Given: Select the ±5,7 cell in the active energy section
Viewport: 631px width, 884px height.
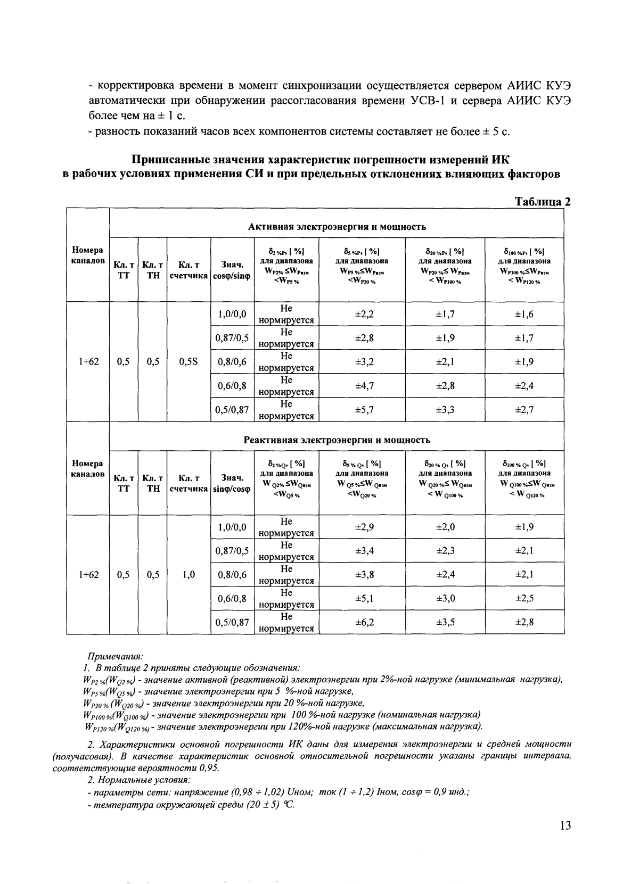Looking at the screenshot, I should pos(365,410).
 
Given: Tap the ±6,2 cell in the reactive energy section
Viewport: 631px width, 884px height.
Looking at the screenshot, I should pos(365,622).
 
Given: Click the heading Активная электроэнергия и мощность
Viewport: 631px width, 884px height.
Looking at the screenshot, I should pos(337,227).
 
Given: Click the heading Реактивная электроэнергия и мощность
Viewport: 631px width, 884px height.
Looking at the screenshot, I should pos(337,440).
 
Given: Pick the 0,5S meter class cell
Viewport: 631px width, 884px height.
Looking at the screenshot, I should pos(189,362).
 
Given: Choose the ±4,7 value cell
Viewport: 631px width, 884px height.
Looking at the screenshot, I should pos(365,386).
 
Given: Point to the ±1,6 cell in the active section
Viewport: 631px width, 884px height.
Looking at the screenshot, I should pos(524,314).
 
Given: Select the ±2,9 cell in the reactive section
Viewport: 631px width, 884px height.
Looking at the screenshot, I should pos(365,527).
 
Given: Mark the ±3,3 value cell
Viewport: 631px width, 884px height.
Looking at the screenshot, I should pos(445,410).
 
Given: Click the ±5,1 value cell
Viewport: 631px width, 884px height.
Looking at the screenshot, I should pos(365,598).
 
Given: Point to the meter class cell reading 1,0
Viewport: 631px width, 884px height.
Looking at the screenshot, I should pos(189,574).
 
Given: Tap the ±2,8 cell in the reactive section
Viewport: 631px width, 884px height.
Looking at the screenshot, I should pos(524,622).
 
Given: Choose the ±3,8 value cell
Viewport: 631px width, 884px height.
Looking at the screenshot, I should pos(365,574).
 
